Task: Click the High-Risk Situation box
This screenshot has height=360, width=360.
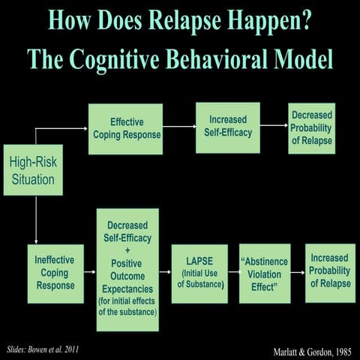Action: tap(33, 169)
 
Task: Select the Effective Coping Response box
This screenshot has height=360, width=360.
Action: tap(125, 129)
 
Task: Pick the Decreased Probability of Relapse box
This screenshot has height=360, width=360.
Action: tap(311, 128)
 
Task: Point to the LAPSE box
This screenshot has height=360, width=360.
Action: tap(199, 273)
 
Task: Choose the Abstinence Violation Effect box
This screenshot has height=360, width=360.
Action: tap(264, 273)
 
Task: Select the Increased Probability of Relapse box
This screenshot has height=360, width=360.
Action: tap(330, 273)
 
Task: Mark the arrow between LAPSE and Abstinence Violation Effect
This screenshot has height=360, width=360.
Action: tap(233, 273)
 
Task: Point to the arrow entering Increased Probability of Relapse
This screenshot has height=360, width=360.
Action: tap(298, 273)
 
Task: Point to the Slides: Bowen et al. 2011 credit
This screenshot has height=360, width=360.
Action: tap(42, 349)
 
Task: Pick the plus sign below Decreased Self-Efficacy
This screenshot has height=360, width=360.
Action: tap(127, 250)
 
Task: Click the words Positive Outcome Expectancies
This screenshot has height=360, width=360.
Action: tap(127, 276)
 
